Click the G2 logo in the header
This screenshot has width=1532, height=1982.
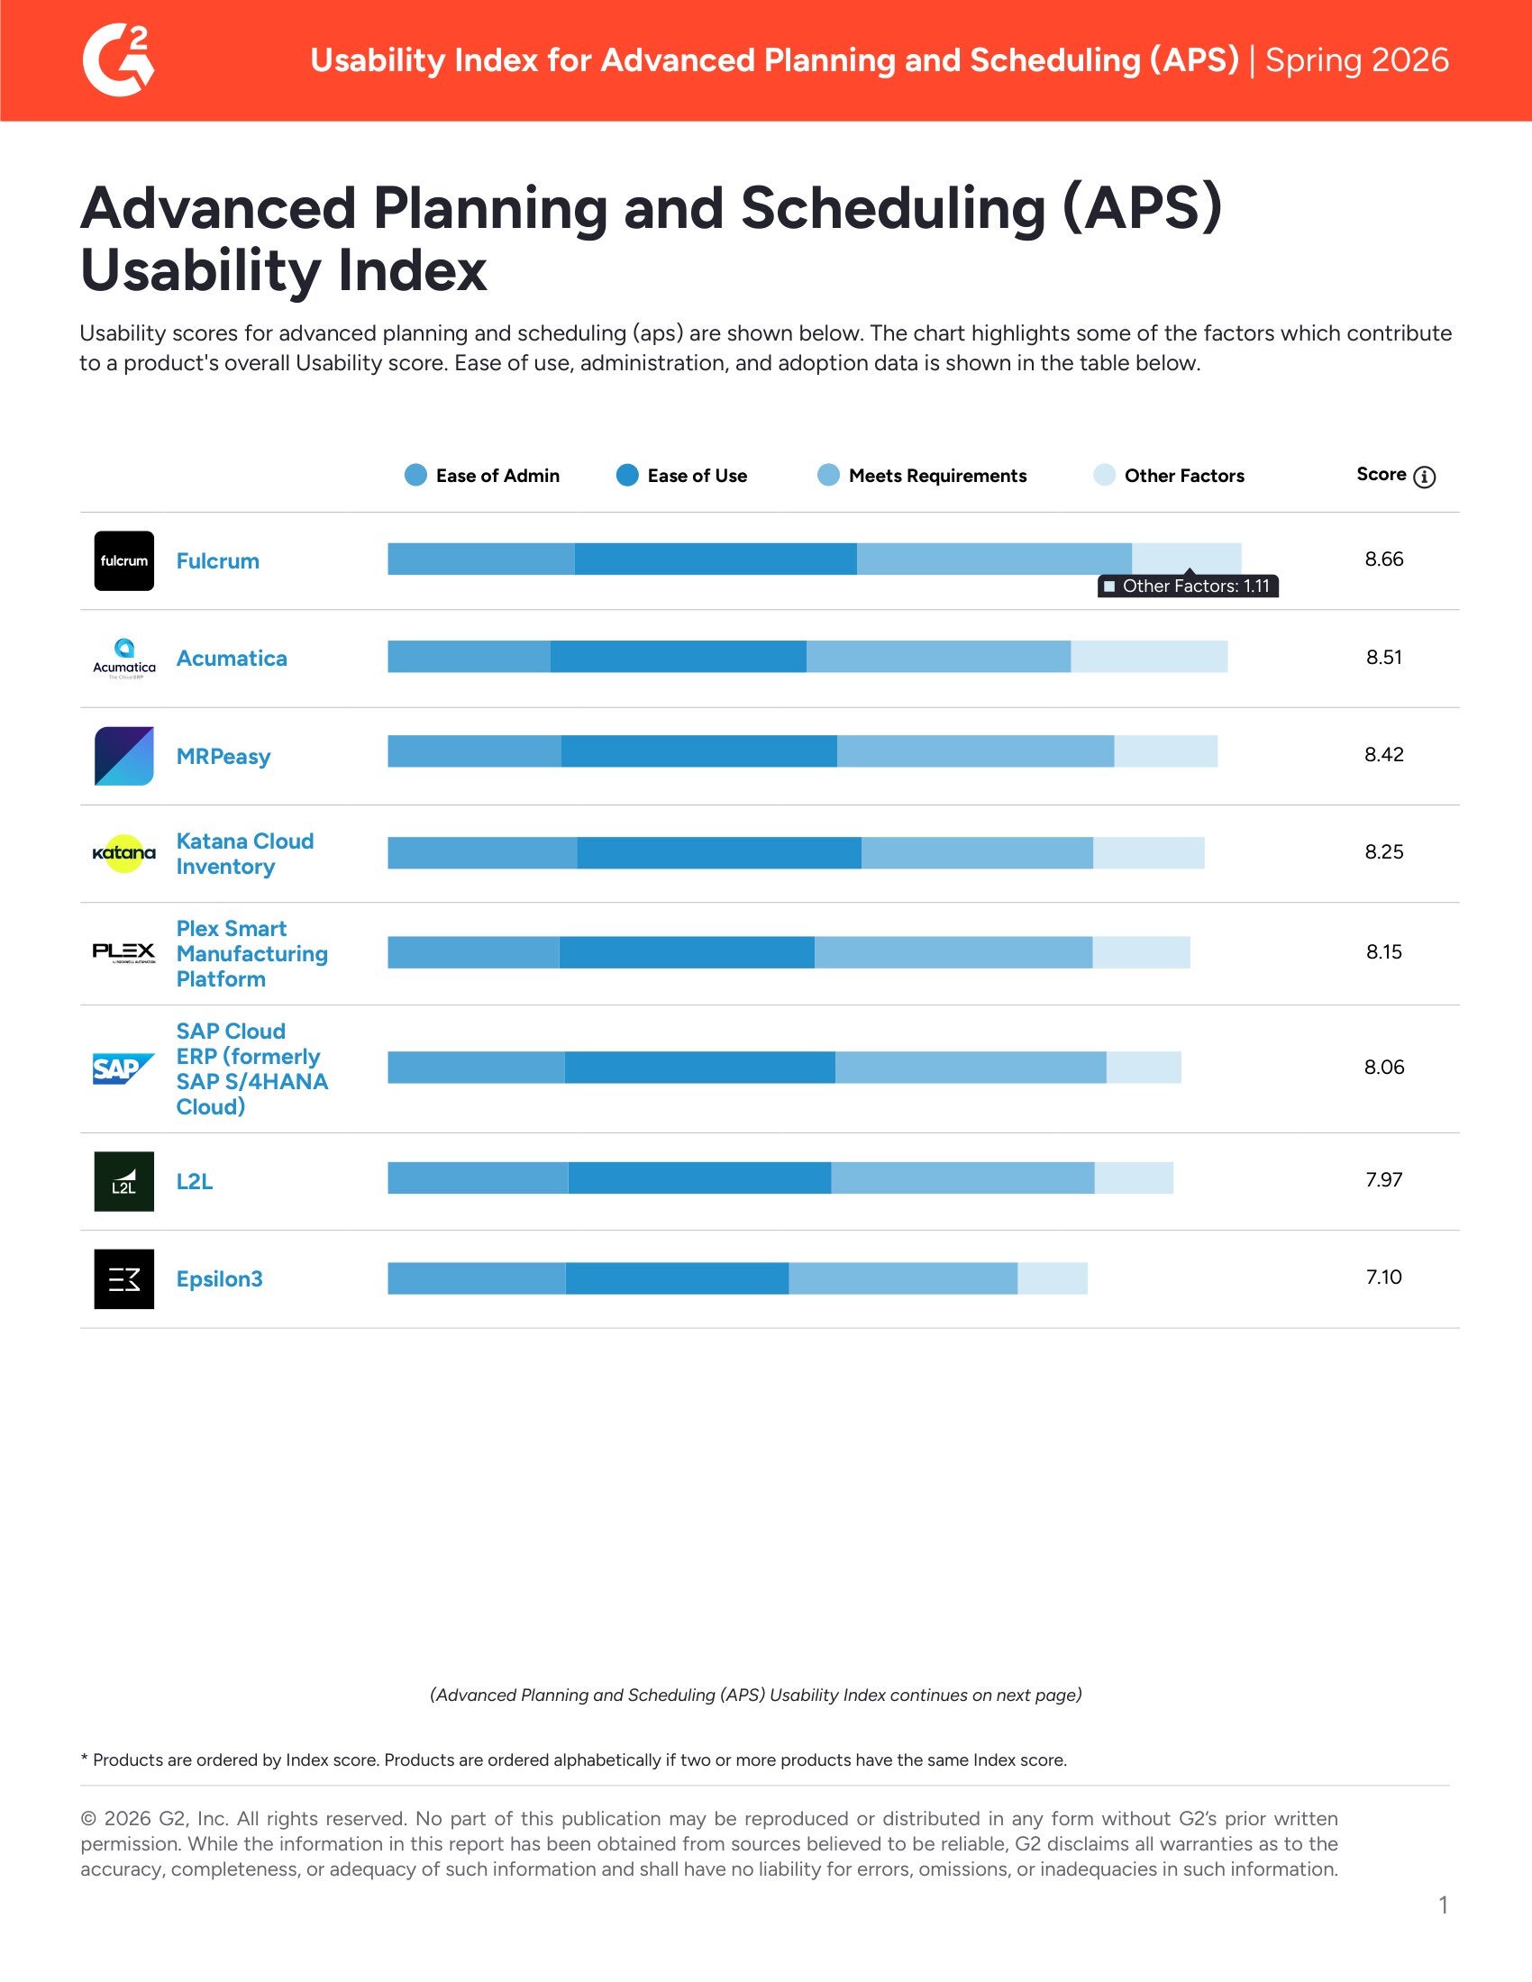click(x=119, y=59)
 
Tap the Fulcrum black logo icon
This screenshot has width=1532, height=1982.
click(x=124, y=561)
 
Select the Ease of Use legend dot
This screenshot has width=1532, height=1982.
click(x=627, y=476)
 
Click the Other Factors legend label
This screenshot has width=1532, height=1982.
click(x=1183, y=476)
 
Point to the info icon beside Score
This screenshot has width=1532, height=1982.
click(x=1424, y=477)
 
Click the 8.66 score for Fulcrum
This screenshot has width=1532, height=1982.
click(x=1383, y=559)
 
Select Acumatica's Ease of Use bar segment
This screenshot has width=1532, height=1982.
click(x=678, y=656)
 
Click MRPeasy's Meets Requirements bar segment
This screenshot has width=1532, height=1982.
click(x=975, y=751)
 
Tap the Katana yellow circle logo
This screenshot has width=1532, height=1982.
click(x=124, y=853)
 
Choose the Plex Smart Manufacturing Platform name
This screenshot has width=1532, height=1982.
click(x=251, y=953)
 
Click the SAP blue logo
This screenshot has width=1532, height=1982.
click(x=123, y=1068)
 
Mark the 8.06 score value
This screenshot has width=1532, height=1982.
click(x=1383, y=1068)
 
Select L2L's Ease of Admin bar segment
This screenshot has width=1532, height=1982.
click(x=478, y=1178)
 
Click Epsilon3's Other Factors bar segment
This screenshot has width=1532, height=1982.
click(x=1052, y=1277)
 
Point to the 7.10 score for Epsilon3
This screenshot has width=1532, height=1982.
click(x=1383, y=1277)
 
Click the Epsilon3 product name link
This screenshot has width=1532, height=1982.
click(x=220, y=1278)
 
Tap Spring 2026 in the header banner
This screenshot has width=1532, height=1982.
click(x=1356, y=59)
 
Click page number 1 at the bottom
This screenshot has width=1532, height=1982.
click(x=1443, y=1905)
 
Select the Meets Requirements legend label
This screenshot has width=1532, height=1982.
click(x=936, y=476)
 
